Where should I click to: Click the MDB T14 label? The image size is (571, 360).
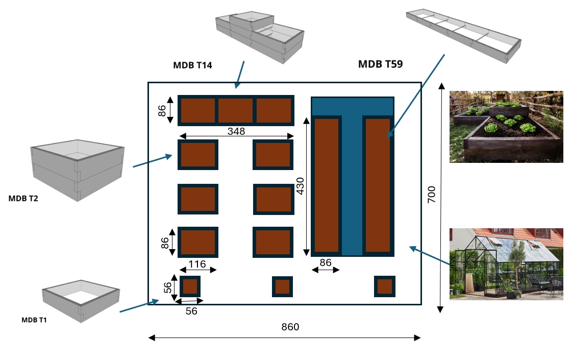click(192, 65)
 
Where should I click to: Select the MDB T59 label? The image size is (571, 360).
click(381, 64)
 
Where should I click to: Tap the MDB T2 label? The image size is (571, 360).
click(23, 199)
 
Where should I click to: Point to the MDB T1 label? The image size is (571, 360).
click(34, 320)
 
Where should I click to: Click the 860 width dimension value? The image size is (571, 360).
click(290, 327)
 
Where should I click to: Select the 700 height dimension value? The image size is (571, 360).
click(432, 195)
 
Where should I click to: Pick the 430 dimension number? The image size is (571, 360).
click(300, 186)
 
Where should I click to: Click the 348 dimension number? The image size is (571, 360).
click(236, 131)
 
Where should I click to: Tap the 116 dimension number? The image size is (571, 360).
click(197, 264)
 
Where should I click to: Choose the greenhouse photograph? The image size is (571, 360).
click(506, 264)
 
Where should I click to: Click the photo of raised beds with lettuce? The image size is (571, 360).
click(506, 127)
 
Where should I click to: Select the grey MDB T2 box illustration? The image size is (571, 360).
click(78, 170)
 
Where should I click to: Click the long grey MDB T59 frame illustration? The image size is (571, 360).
click(463, 36)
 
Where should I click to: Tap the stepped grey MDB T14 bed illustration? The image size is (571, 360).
click(260, 37)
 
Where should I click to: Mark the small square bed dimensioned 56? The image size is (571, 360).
click(190, 287)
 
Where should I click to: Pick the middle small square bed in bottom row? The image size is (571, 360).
click(282, 287)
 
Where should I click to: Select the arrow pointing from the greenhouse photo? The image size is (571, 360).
click(429, 255)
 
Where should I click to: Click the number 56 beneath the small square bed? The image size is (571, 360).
click(191, 311)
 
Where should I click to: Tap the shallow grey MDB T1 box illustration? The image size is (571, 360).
click(81, 301)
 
